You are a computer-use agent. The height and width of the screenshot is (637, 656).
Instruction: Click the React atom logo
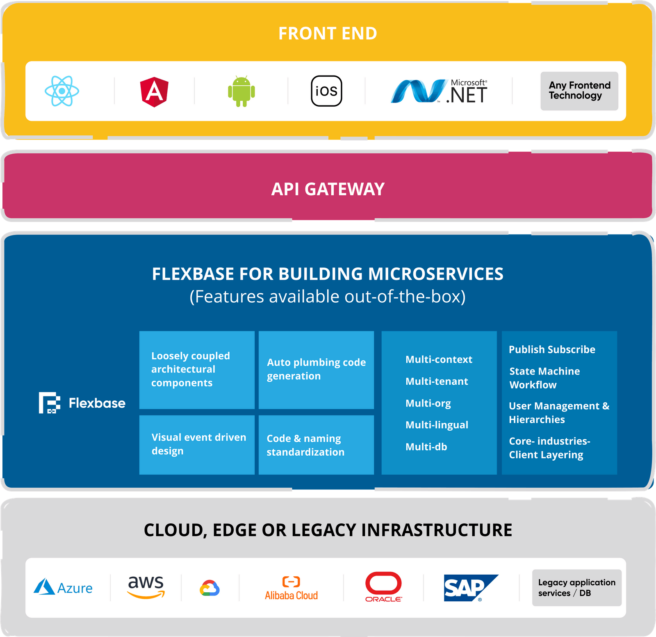[62, 91]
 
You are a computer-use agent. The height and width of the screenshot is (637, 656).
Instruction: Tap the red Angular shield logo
[154, 91]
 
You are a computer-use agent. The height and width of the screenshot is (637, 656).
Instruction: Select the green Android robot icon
[241, 91]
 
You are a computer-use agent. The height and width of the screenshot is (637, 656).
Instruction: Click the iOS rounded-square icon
[326, 91]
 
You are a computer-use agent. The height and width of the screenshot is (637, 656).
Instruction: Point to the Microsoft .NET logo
[439, 91]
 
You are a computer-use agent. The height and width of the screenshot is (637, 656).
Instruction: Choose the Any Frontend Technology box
[579, 91]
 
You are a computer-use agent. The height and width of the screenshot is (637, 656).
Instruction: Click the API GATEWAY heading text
[328, 189]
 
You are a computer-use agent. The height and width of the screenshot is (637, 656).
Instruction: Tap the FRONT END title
[328, 34]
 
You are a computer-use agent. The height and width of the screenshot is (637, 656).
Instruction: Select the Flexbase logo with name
[82, 403]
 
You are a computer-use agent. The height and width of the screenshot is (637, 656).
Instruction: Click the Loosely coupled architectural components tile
[197, 370]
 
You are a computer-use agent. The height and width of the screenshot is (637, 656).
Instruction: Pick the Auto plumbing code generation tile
[316, 370]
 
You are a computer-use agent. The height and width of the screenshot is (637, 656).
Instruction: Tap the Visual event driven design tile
[197, 445]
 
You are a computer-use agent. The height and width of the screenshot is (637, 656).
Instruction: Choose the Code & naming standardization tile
[316, 445]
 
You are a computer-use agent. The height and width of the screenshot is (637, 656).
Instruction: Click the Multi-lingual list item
[437, 425]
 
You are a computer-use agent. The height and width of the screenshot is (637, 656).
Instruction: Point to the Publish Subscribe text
[552, 349]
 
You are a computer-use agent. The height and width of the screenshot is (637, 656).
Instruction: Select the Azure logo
[63, 587]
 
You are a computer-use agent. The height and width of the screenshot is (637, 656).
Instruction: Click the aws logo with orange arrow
[146, 587]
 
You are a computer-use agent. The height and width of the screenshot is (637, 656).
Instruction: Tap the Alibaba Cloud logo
[291, 588]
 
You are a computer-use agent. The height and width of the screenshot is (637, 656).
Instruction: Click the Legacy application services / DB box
[576, 587]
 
